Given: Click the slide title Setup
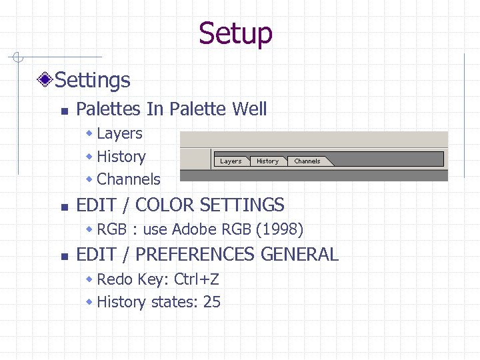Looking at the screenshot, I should [x=235, y=33].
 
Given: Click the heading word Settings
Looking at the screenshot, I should [x=93, y=81].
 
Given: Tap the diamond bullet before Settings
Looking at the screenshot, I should [x=45, y=81].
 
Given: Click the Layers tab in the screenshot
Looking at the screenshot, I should [x=231, y=161].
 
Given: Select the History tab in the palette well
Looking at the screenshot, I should [x=267, y=161].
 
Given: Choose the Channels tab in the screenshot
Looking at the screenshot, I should [x=307, y=161].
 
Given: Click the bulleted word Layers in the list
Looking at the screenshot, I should [x=119, y=133].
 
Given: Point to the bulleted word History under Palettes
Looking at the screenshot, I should [x=121, y=157].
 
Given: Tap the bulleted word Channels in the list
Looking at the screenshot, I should [x=129, y=179].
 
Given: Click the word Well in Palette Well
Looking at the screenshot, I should [x=249, y=109].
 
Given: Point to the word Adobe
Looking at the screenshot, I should [x=192, y=230].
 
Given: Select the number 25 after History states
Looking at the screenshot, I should [x=212, y=302].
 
